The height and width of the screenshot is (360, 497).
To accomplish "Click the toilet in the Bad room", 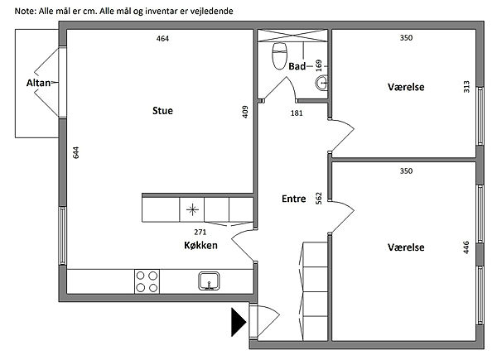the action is (280, 56).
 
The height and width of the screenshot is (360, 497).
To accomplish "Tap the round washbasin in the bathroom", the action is (321, 83).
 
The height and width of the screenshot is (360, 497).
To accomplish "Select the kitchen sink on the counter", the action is (209, 281).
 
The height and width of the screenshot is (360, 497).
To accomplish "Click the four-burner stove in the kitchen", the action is (147, 281).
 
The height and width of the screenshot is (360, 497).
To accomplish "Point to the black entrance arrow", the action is (239, 322).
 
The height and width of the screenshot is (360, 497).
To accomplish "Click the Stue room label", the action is (162, 111).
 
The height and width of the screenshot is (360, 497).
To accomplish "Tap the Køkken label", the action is (200, 246).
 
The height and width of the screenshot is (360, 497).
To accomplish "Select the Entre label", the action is (294, 199).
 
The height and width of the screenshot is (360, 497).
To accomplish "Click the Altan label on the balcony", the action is (38, 83).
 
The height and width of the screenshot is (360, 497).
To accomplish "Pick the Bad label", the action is (297, 66).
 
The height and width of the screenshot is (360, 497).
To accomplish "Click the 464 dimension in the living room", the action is (162, 39).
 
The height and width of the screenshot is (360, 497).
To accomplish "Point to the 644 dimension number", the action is (75, 152).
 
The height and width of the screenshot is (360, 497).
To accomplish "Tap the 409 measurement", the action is (245, 112).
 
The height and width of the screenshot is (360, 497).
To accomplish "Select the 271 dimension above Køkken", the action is (200, 232).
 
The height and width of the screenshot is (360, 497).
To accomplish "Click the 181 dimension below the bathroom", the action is (297, 113).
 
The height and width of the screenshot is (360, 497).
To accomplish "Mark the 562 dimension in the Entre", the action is (319, 198).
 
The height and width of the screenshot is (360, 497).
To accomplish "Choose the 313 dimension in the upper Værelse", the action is (466, 87).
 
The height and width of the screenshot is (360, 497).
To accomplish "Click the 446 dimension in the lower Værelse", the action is (466, 247).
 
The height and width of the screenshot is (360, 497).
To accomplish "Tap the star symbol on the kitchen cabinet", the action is (192, 209).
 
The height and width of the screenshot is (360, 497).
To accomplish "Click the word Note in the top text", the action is (25, 12).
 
